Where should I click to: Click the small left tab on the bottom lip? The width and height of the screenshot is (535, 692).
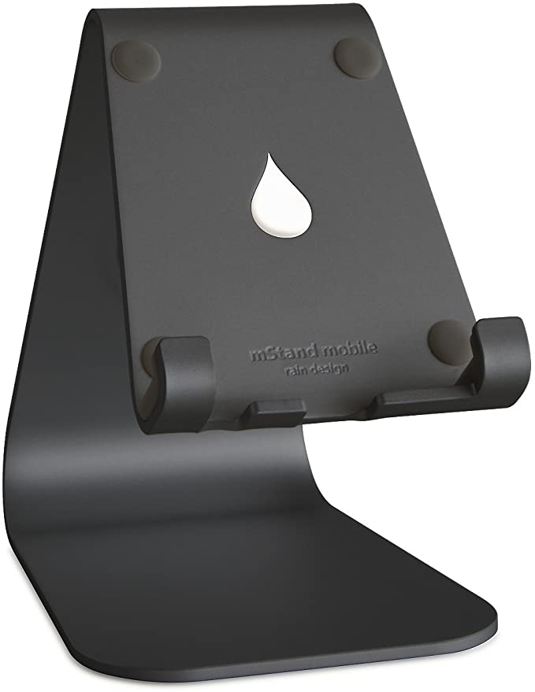[280, 409]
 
